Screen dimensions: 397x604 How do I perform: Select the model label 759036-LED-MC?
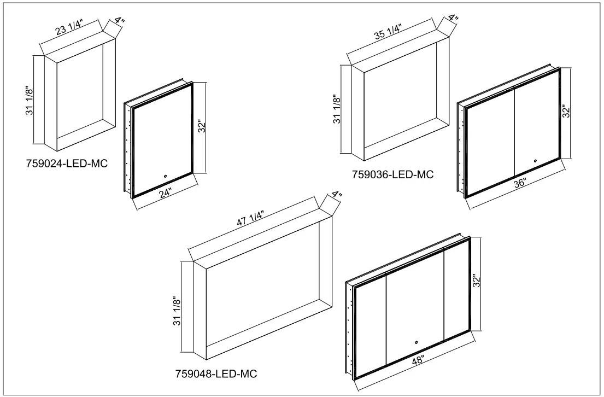[393, 175]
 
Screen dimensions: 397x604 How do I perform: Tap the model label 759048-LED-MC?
[216, 374]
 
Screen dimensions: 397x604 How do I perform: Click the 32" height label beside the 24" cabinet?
[202, 127]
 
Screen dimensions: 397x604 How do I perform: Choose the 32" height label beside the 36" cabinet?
[566, 112]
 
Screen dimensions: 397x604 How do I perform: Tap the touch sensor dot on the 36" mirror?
[535, 161]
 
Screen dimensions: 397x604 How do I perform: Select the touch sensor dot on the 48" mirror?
[416, 343]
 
